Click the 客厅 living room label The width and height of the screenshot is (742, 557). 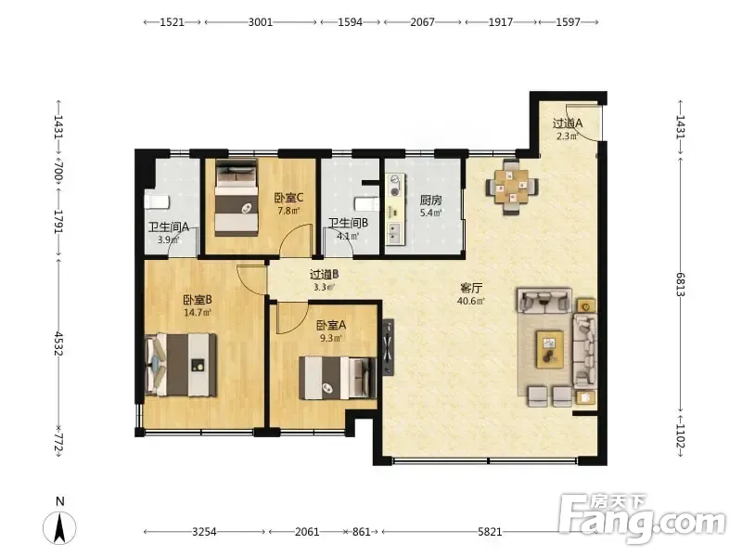[x=471, y=288]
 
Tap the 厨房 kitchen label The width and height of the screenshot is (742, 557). [x=430, y=201]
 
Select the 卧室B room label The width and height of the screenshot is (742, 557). [x=198, y=300]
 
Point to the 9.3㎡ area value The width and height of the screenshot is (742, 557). [x=330, y=338]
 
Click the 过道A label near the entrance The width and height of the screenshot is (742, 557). [x=568, y=123]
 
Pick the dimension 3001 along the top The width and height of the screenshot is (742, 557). [x=261, y=21]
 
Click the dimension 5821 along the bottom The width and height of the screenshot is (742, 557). [x=490, y=531]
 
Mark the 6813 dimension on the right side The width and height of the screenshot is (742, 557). [x=681, y=285]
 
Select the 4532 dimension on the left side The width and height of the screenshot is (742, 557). [x=58, y=343]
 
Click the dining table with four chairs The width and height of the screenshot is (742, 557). [x=512, y=187]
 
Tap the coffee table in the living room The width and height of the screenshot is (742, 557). [x=549, y=349]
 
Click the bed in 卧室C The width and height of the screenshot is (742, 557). [x=237, y=197]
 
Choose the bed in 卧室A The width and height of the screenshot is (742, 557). [x=338, y=378]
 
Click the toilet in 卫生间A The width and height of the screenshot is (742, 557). [x=157, y=201]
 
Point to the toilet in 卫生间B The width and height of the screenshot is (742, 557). [x=367, y=204]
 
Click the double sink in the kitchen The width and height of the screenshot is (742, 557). [x=394, y=232]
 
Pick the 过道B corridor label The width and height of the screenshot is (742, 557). [x=324, y=274]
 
